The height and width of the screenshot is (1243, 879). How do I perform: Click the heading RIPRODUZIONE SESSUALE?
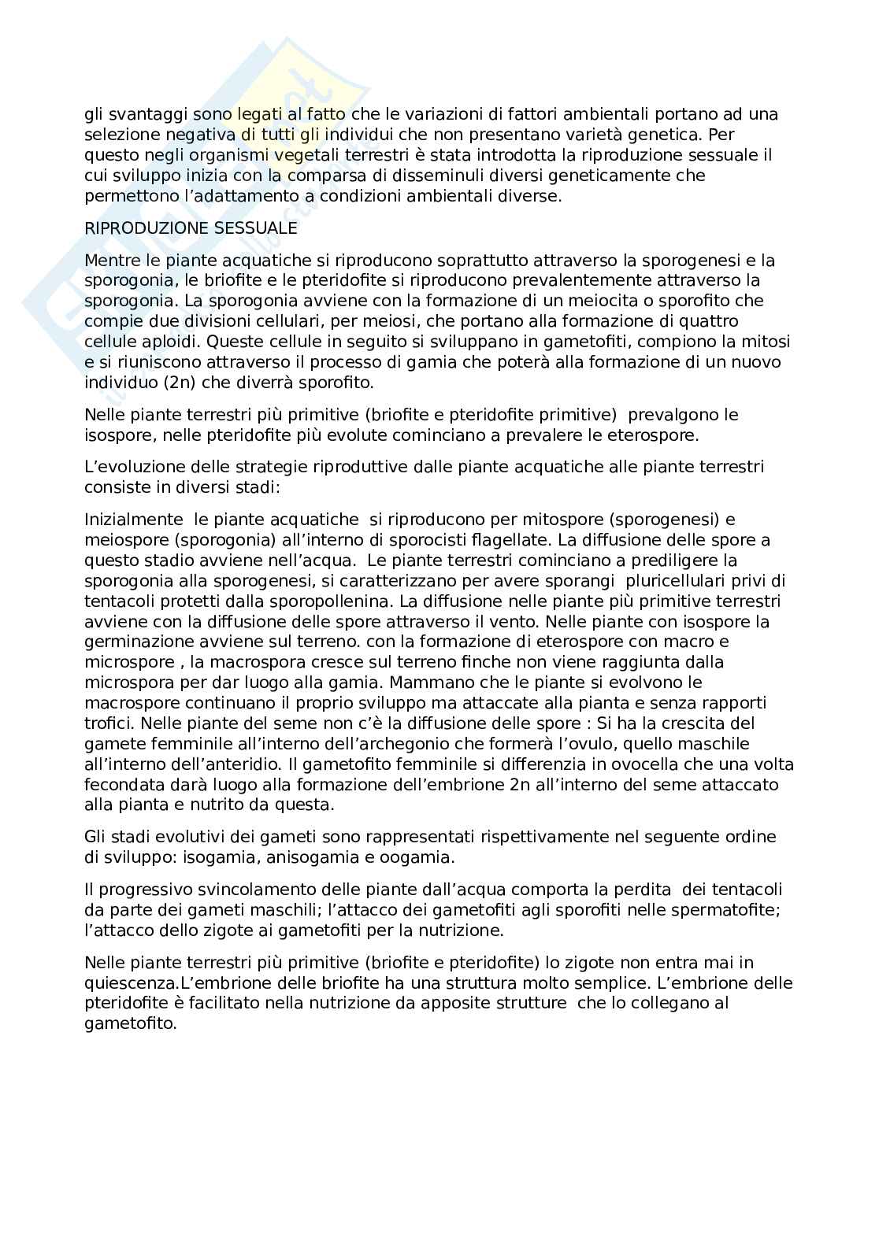click(x=191, y=228)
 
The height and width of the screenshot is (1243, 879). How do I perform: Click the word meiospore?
click(x=127, y=540)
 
